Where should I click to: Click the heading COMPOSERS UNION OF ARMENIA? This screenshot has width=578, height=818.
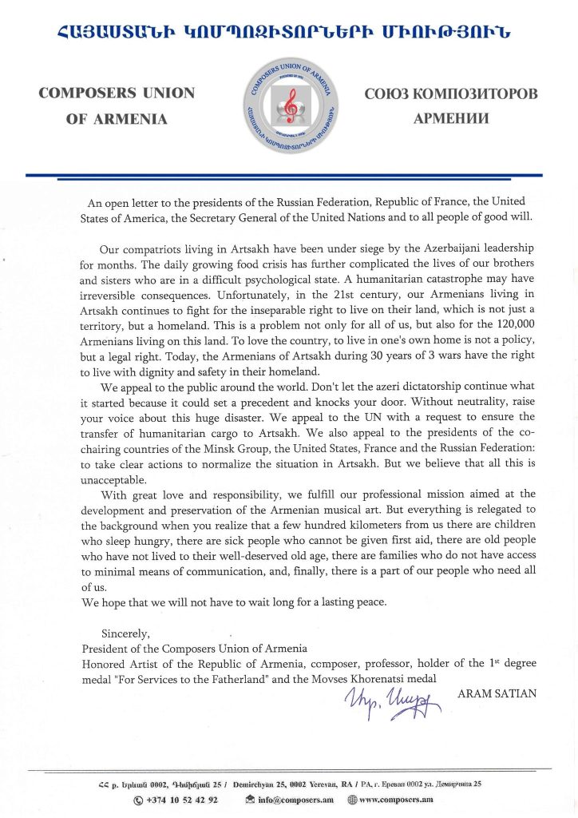click(x=117, y=105)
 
